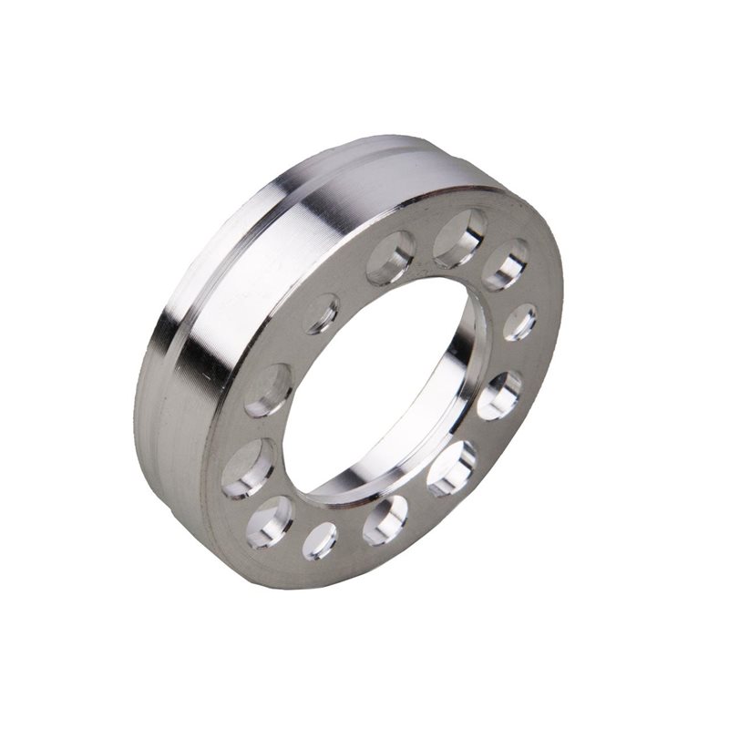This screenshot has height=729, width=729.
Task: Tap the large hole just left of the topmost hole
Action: coord(392,258)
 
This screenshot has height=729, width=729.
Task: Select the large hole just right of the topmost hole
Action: coord(506,264)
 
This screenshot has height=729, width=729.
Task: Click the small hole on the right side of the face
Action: coord(521,322)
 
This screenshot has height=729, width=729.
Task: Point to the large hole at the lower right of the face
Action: coord(452,467)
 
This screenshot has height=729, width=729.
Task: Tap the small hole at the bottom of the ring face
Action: coord(321,540)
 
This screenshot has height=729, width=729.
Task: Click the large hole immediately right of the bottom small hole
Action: coord(385,521)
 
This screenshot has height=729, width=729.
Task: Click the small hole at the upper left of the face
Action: coord(321,313)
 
